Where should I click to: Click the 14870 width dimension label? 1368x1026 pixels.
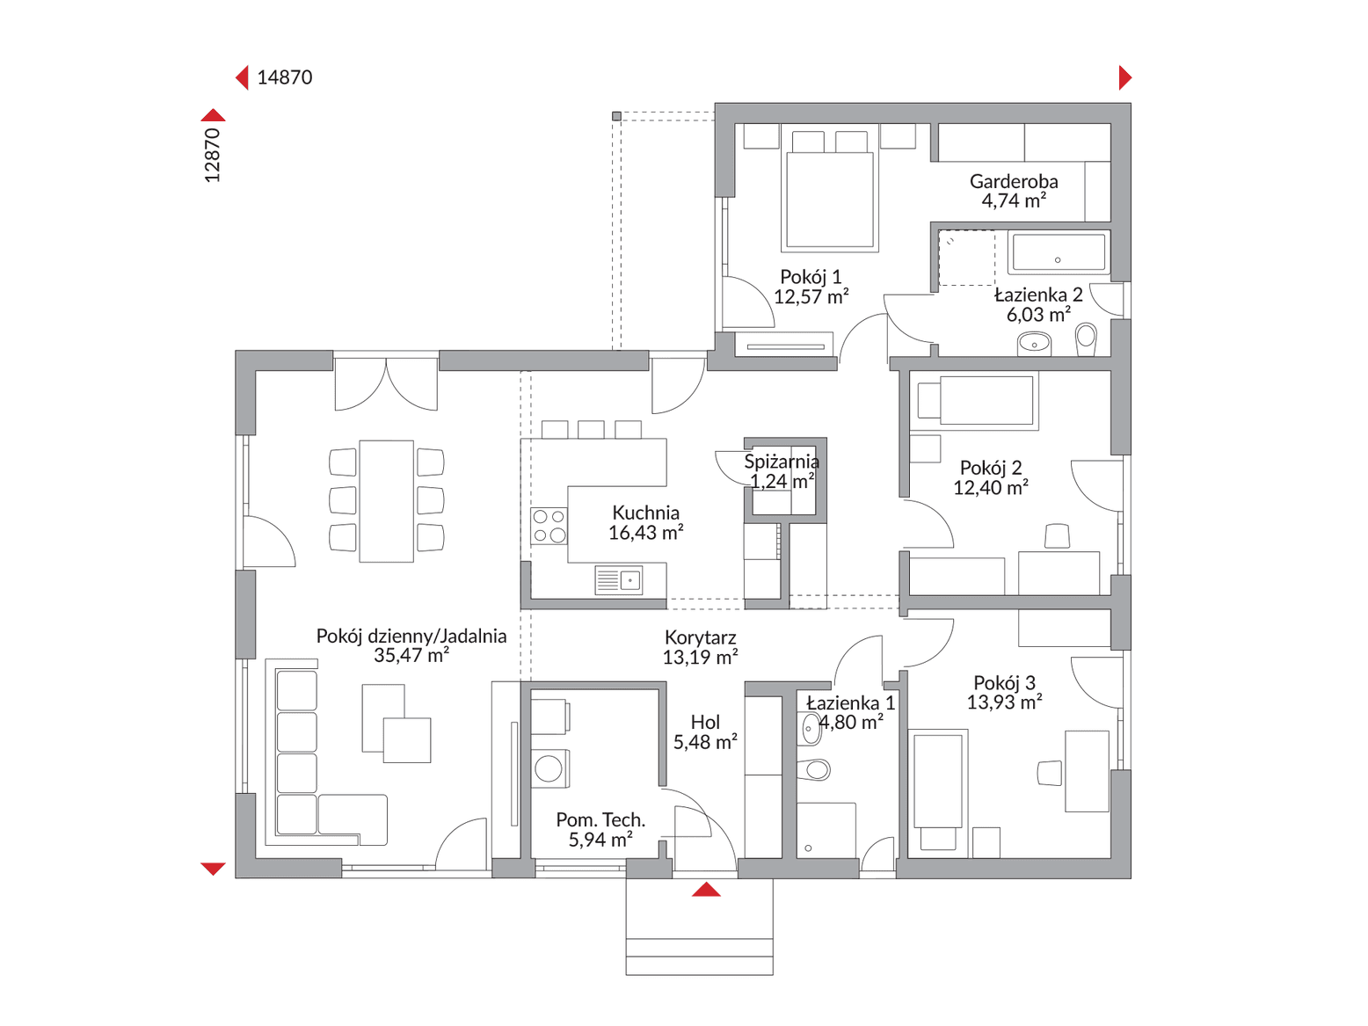tap(284, 77)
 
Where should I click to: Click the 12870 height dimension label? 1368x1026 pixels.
tap(213, 155)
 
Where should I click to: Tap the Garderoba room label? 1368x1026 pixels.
tap(1014, 181)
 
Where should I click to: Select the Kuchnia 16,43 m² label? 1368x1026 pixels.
tap(645, 522)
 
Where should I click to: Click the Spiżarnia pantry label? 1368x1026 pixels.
tap(782, 462)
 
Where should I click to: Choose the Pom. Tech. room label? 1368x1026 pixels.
tap(600, 819)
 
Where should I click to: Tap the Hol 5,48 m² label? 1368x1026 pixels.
tap(705, 732)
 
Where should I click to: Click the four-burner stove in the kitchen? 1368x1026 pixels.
tap(549, 526)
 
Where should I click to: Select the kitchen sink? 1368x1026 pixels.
tap(618, 580)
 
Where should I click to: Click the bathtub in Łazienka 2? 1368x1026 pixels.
tap(1059, 253)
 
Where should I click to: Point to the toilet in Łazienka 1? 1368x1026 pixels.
tap(814, 770)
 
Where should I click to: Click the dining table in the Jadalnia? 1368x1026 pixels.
tap(387, 501)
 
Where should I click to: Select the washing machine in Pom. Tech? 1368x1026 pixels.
tap(549, 768)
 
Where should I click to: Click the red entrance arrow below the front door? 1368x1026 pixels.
tap(706, 890)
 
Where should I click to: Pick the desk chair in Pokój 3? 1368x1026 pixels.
tap(1050, 773)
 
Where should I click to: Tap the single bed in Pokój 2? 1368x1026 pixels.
tap(974, 401)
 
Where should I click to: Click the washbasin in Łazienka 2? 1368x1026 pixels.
tap(1035, 343)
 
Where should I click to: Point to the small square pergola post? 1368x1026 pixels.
tap(616, 116)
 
